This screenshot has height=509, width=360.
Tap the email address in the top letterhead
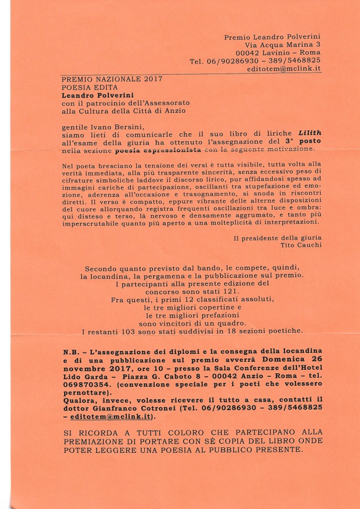pos(284,69)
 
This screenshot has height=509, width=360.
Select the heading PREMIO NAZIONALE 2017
pos(112,79)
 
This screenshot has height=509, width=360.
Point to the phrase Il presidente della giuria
pos(277,238)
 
